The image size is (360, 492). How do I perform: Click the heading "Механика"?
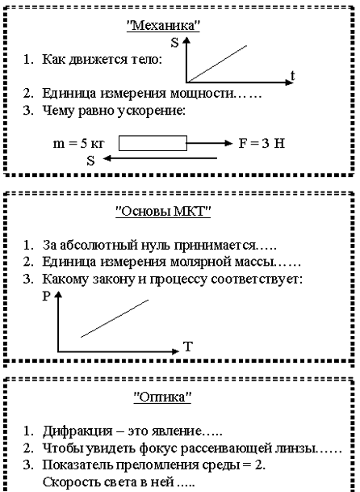[163, 25]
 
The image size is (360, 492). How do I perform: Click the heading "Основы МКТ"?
[163, 212]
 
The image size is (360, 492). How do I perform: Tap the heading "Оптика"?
[162, 397]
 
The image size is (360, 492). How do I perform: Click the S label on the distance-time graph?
[174, 43]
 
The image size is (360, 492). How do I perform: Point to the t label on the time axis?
[292, 76]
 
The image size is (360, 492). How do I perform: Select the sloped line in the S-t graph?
[217, 64]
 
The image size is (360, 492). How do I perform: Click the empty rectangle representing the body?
[153, 143]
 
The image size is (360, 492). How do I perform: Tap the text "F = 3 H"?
[262, 143]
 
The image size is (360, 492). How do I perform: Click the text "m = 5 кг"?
[79, 144]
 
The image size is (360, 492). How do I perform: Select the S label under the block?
[90, 161]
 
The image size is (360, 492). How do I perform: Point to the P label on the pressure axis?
[46, 296]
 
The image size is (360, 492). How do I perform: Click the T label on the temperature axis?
[187, 347]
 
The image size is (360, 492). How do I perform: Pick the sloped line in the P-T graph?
[115, 318]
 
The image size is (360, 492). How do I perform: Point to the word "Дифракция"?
[77, 431]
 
